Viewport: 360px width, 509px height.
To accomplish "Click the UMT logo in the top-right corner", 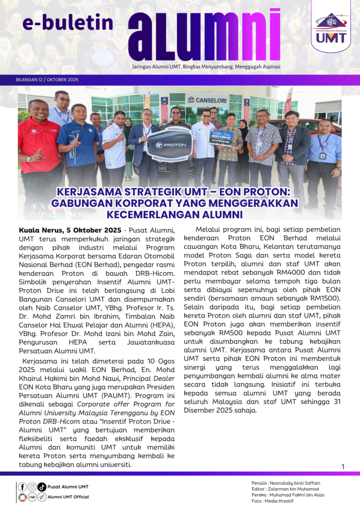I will tap(330, 27).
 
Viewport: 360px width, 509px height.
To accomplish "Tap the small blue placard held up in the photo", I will tap(221, 137).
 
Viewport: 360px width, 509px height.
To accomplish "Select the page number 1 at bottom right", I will tap(343, 466).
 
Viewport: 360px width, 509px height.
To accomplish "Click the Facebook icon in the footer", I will tap(22, 487).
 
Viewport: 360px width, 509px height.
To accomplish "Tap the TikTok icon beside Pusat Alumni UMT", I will tap(42, 487).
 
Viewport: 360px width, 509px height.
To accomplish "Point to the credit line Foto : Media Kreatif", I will tap(272, 501).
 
